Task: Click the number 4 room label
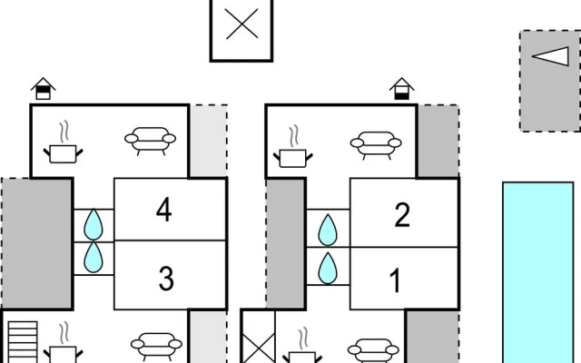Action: point(163,210)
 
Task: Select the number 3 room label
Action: point(166,279)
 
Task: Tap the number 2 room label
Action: point(402,214)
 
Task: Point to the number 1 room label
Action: point(396,280)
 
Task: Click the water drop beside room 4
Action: point(94,224)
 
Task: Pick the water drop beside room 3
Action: point(94,257)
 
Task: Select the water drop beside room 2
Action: point(328,230)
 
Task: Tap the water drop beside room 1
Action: point(328,269)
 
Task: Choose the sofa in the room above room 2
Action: point(376,145)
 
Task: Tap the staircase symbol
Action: point(23,342)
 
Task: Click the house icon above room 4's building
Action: point(43,89)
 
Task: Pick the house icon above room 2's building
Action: point(401,89)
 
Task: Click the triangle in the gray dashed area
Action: point(550,56)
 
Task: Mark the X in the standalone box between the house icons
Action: point(241,25)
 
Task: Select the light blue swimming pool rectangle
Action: point(538,272)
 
